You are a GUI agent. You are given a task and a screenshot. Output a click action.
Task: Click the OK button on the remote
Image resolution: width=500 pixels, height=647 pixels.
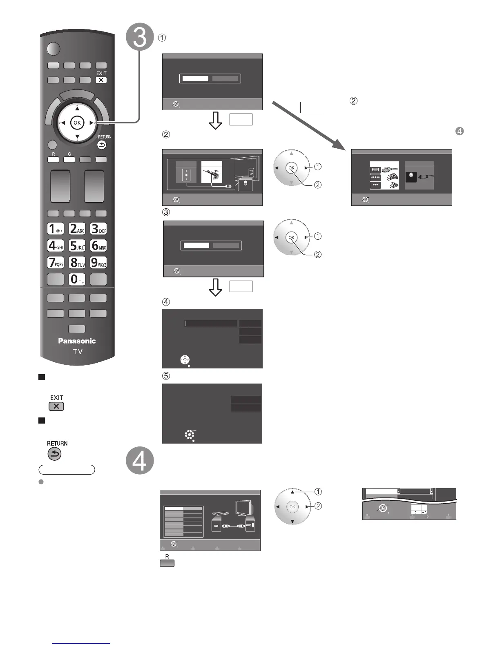click(x=77, y=123)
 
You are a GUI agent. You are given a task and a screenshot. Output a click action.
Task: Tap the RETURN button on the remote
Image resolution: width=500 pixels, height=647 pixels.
click(x=102, y=145)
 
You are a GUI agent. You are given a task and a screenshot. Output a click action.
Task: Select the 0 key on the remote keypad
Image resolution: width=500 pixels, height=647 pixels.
click(x=77, y=279)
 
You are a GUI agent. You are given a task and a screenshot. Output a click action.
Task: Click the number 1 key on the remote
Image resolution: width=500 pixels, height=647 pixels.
click(x=56, y=228)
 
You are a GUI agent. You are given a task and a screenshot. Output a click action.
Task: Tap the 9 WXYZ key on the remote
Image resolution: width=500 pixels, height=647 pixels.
click(x=98, y=262)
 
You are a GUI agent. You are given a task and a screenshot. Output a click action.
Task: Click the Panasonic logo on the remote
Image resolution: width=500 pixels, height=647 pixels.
click(x=77, y=341)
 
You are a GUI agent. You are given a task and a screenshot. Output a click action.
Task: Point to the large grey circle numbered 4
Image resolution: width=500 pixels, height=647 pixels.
click(x=140, y=461)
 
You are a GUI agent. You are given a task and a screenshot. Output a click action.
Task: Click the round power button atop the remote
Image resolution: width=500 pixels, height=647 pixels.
click(x=53, y=49)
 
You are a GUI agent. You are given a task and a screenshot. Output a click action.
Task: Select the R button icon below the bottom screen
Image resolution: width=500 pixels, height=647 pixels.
click(x=167, y=563)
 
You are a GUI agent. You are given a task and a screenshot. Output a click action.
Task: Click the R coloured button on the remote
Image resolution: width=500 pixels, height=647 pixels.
click(x=53, y=160)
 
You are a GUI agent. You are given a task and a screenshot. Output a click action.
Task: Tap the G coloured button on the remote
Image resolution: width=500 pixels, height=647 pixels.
click(x=69, y=160)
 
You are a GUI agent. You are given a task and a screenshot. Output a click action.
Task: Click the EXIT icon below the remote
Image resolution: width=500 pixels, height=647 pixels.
click(x=56, y=406)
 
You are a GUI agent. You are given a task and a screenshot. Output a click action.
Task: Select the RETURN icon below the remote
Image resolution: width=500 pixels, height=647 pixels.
click(x=55, y=454)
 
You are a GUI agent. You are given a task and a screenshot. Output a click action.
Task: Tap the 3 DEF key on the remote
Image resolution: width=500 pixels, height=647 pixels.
click(x=98, y=228)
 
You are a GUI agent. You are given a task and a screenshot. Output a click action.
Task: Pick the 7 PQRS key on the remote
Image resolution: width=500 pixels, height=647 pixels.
click(x=56, y=262)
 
